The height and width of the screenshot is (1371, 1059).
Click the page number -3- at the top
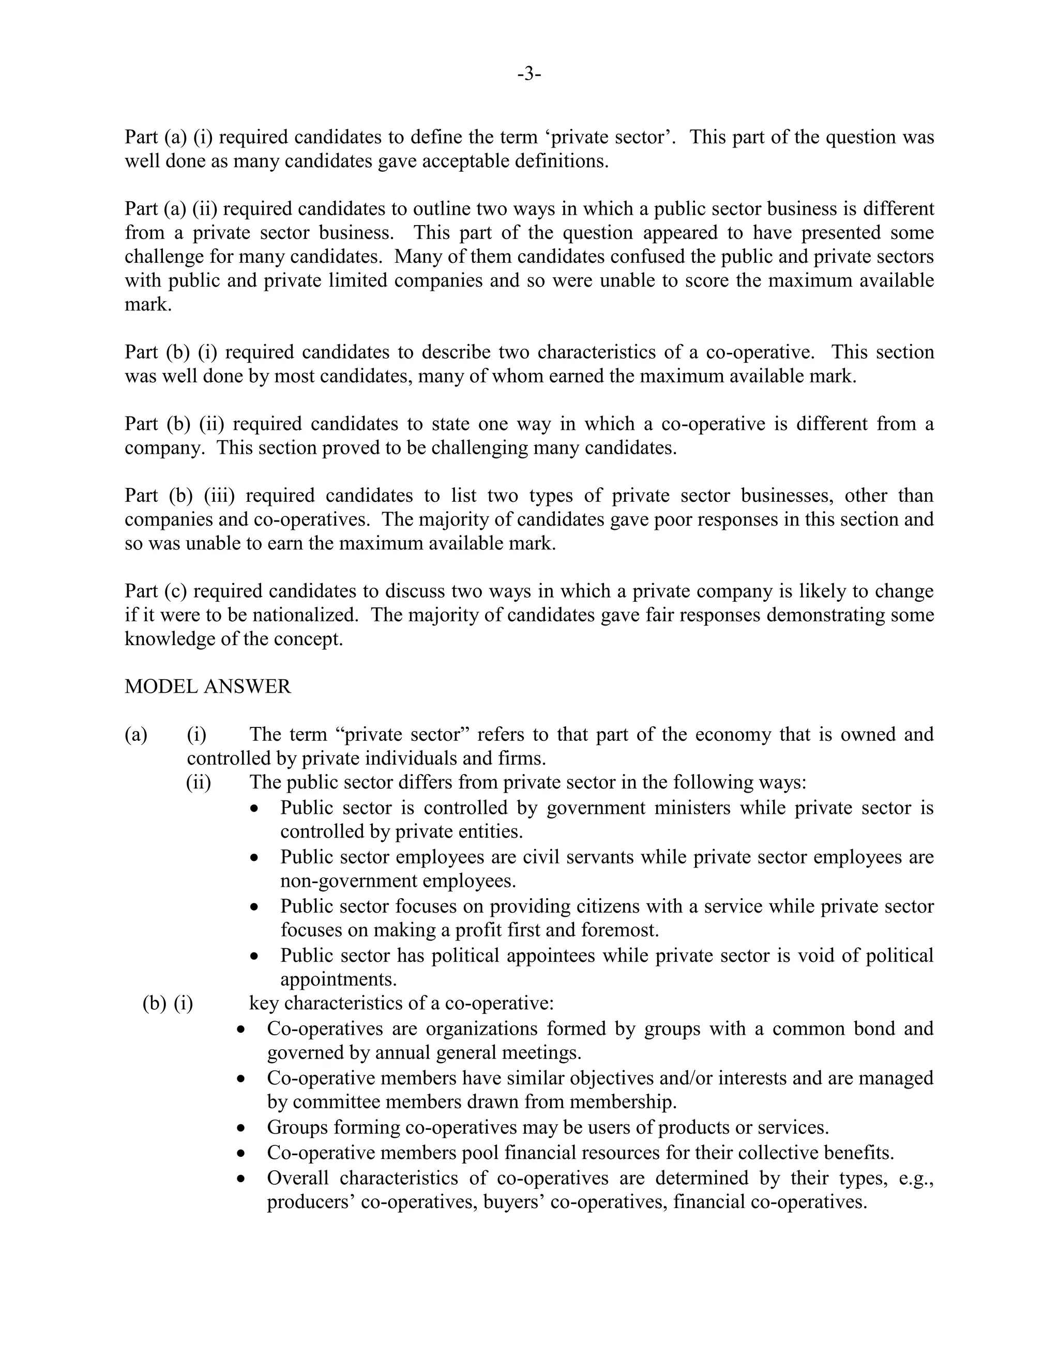(x=529, y=74)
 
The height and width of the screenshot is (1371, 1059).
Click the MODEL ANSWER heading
(x=208, y=686)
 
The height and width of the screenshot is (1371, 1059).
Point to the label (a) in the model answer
(x=135, y=735)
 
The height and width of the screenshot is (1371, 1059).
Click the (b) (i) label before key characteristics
(x=168, y=1003)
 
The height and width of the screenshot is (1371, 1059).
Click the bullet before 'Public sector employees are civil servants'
(x=253, y=857)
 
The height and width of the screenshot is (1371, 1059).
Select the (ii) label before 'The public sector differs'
(x=198, y=782)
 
